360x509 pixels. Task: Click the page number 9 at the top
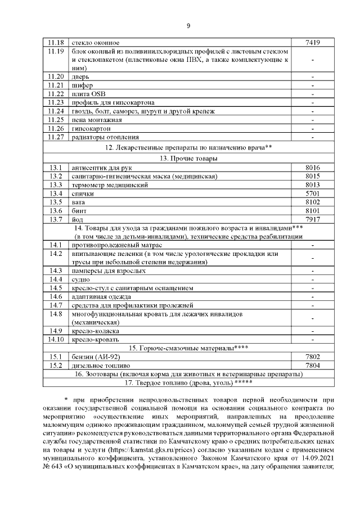pos(188,25)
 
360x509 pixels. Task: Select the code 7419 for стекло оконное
pos(312,42)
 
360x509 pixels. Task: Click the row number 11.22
pos(57,93)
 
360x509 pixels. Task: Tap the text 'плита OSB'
pos(88,93)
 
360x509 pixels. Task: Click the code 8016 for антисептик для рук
pos(312,168)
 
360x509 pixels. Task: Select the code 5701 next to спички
pos(312,193)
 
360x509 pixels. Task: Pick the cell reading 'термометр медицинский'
pos(110,184)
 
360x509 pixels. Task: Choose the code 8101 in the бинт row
pos(312,210)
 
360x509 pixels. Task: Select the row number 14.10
pos(57,339)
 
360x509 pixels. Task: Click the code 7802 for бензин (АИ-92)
pos(312,357)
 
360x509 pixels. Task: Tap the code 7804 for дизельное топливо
pos(312,365)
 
